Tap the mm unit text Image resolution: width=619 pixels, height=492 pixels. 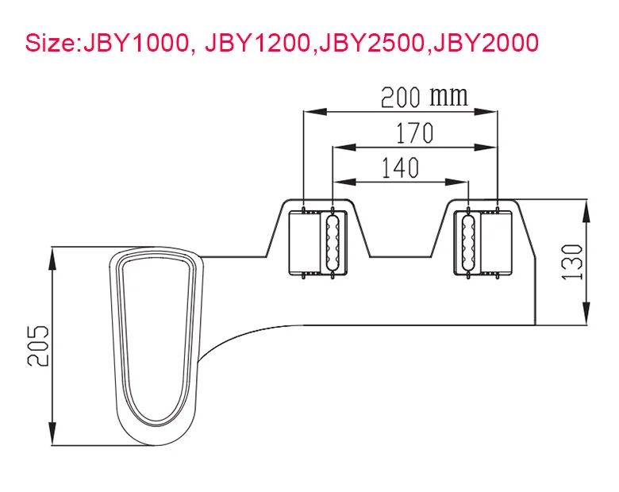tap(448, 97)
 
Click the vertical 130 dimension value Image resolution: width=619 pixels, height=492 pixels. tap(575, 262)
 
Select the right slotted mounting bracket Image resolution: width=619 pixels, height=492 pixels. tap(469, 243)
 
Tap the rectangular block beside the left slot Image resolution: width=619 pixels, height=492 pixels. tap(304, 243)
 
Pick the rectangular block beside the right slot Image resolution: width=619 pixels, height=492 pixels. tap(498, 243)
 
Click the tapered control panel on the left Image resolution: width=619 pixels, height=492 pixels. tap(156, 337)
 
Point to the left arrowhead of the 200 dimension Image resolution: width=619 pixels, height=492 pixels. tap(309, 113)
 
